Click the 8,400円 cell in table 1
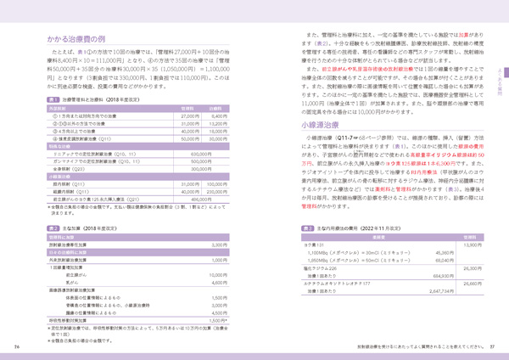218,115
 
